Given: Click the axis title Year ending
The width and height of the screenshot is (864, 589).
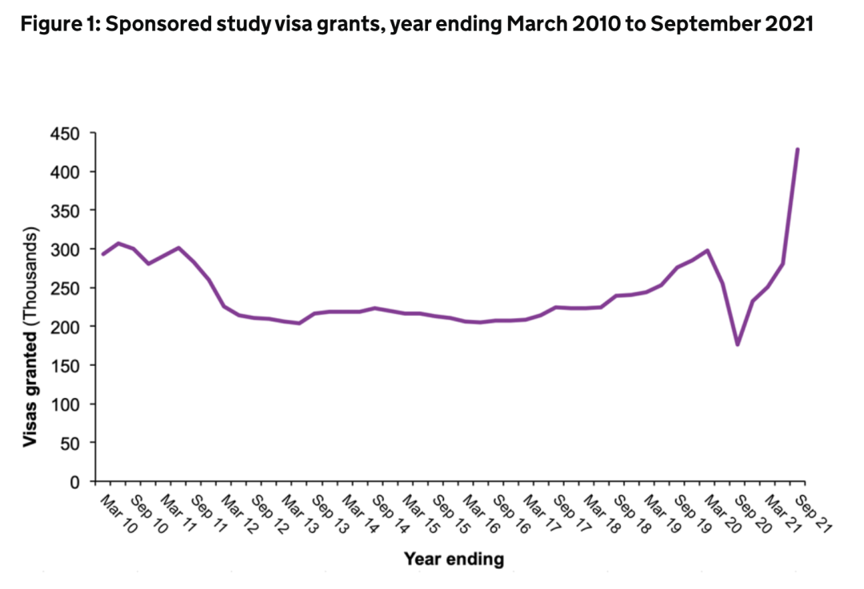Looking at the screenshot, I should [454, 559].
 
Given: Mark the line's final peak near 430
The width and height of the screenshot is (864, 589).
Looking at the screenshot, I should [798, 149].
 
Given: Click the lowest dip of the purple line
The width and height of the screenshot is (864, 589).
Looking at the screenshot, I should [737, 344].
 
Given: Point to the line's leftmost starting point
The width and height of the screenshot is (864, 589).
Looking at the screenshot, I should [102, 254].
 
